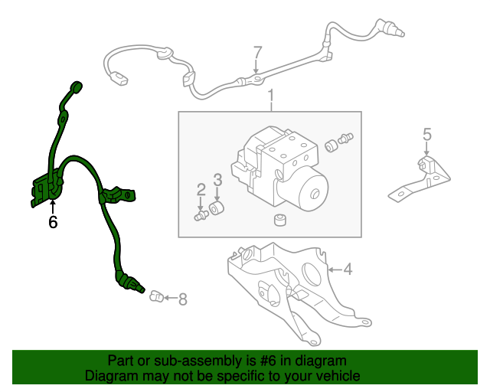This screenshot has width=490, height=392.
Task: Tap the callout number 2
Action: point(201,188)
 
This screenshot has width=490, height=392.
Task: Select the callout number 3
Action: point(217,180)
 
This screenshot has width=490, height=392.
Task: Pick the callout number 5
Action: point(427,135)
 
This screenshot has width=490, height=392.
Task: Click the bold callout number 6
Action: point(52,223)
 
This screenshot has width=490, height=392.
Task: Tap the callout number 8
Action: point(182,299)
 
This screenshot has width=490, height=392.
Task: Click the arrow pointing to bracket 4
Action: point(334,269)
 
